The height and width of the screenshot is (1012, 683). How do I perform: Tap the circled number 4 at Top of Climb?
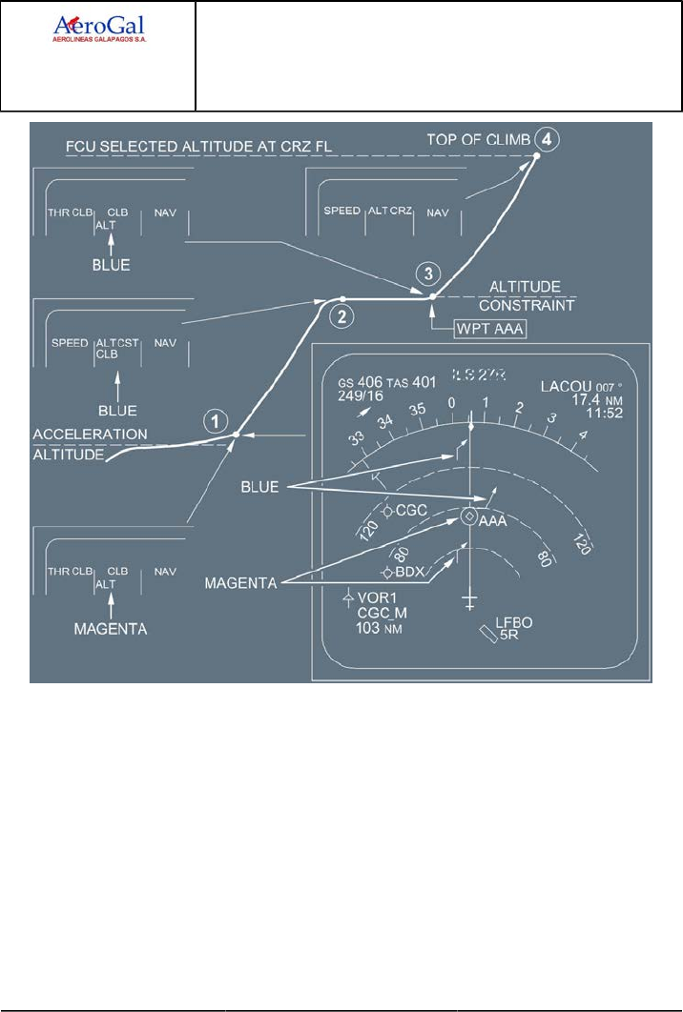click(x=545, y=138)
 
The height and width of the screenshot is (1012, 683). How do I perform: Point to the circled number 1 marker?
click(x=218, y=419)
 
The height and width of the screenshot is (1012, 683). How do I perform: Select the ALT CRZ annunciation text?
click(x=391, y=211)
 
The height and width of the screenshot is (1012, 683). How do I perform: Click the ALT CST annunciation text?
click(x=116, y=342)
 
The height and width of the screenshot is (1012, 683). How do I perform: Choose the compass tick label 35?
click(x=417, y=410)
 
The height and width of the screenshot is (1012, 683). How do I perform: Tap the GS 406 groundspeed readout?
click(x=361, y=383)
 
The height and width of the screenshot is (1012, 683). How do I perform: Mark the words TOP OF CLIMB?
click(x=480, y=140)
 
